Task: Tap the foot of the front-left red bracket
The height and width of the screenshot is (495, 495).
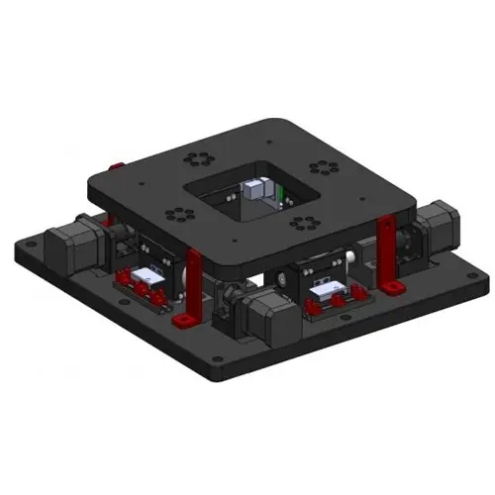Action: click(x=183, y=321)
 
